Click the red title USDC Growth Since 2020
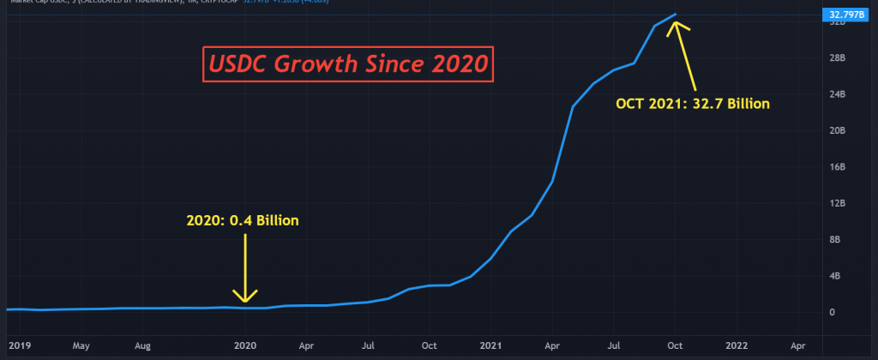click(347, 63)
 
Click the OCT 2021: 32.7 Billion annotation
click(693, 104)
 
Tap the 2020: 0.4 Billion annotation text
click(243, 220)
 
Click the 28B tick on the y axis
click(834, 57)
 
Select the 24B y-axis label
click(834, 93)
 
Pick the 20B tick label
click(834, 130)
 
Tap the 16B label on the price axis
click(834, 166)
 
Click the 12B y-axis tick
click(834, 203)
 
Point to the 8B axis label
click(834, 239)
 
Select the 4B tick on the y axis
click(834, 276)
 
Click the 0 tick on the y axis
click(831, 312)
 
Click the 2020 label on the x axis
click(245, 346)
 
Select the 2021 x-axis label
click(491, 346)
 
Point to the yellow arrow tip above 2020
click(245, 300)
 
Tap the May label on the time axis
click(81, 346)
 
